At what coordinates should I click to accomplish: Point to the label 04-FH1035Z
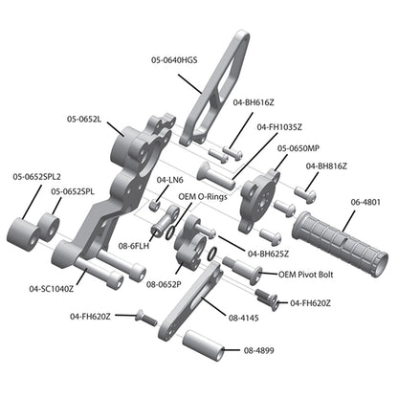click(281, 127)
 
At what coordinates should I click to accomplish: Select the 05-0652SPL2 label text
click(36, 176)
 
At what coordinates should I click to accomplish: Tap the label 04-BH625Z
click(269, 254)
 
